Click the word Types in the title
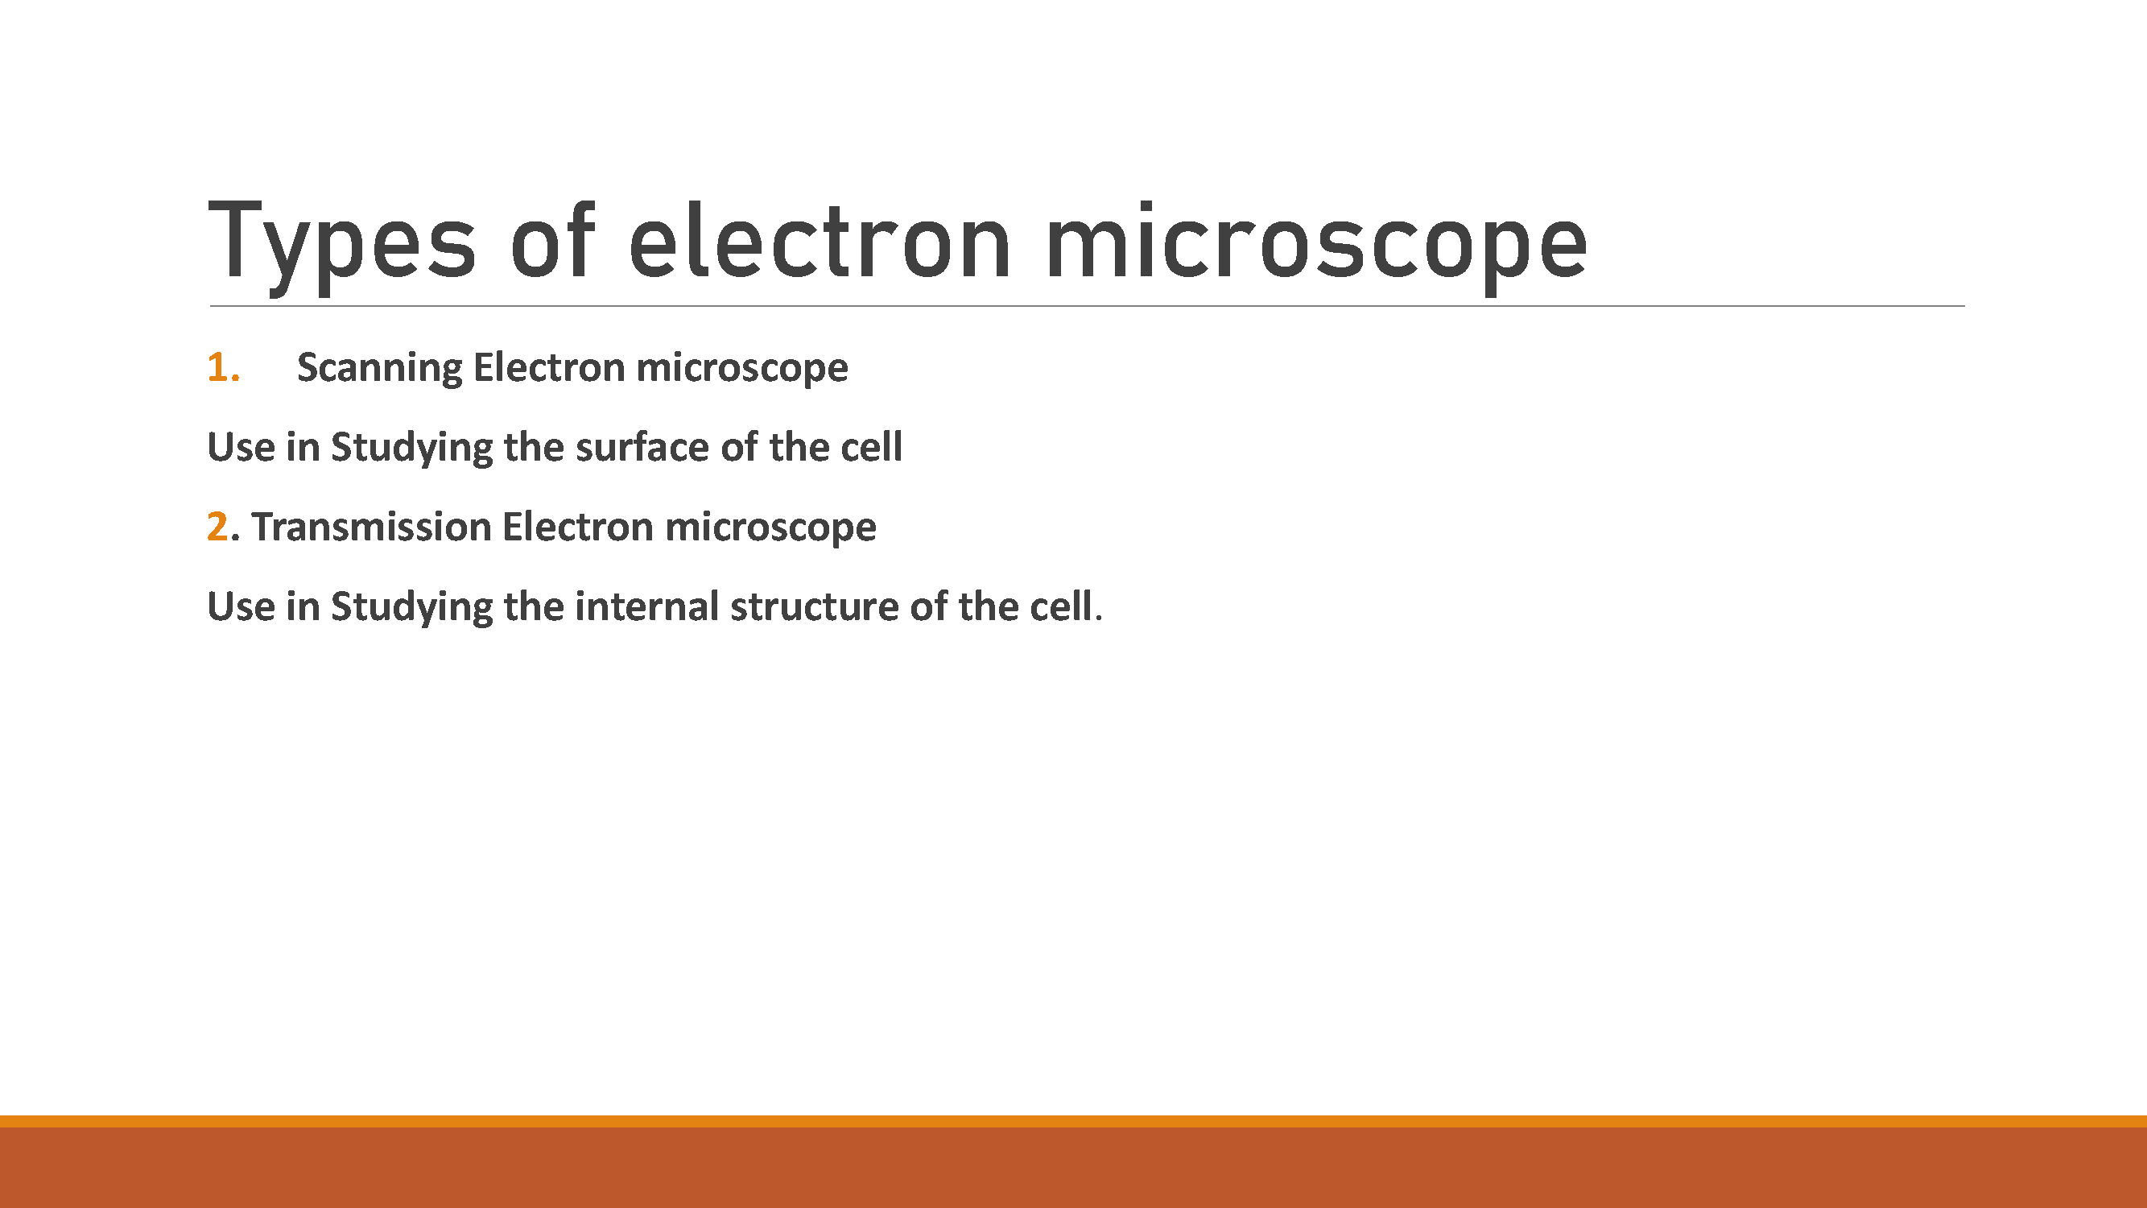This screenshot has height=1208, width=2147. [341, 246]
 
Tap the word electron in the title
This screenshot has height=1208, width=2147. [820, 241]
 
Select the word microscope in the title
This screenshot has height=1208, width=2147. [1317, 246]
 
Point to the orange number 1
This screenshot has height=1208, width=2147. [223, 368]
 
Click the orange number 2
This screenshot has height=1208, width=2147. [217, 527]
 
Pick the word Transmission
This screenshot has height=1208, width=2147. [372, 527]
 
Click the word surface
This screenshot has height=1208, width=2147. [642, 448]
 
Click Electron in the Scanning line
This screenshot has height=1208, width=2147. [549, 368]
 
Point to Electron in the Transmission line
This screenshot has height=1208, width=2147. [577, 527]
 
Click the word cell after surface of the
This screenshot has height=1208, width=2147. [872, 447]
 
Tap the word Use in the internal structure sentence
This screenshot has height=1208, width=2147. [241, 607]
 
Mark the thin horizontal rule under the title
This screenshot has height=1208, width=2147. [1087, 306]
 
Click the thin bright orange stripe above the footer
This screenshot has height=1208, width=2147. [1074, 1121]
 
